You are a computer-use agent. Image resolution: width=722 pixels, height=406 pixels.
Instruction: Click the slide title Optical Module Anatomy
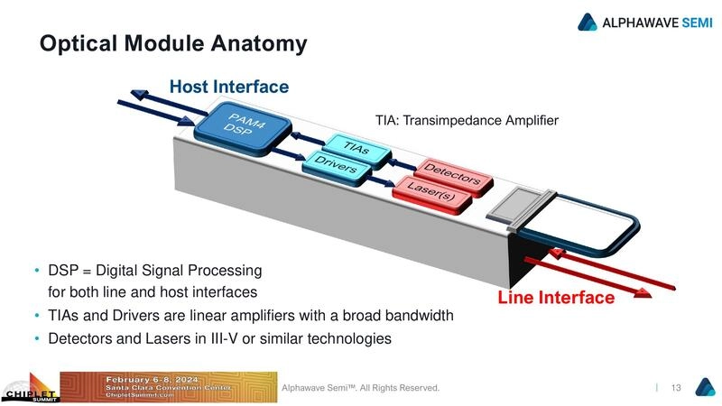point(172,43)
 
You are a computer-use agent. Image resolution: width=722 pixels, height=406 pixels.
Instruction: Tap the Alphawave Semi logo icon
point(588,21)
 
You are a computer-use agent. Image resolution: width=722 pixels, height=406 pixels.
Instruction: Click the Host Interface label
point(229,87)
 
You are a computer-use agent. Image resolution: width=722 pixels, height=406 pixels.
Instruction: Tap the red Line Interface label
point(556,296)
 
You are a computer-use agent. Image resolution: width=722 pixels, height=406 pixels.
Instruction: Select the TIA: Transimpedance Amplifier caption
point(467,119)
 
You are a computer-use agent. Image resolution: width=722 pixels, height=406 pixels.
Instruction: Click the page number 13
point(676,387)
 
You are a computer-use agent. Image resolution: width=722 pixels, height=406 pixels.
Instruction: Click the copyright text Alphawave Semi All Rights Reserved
point(360,387)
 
